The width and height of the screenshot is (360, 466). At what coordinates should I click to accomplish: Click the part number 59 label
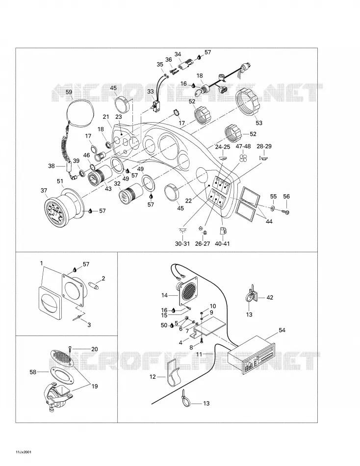pos(69,92)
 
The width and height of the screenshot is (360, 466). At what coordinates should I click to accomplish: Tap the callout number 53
pos(259,123)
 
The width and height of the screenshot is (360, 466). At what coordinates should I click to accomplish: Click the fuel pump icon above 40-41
pos(223,231)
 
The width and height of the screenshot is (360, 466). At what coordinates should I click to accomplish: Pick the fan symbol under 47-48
pos(243,157)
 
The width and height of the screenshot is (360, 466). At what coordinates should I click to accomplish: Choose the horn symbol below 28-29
pos(263,158)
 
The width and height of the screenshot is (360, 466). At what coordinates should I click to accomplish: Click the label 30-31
pos(182,244)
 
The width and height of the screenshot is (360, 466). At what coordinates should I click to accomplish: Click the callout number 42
pos(269,297)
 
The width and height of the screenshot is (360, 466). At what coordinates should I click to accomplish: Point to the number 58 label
pos(33,372)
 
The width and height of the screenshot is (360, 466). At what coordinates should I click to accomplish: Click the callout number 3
pos(89,325)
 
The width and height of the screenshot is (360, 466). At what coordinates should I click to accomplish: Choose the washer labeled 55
pos(273,207)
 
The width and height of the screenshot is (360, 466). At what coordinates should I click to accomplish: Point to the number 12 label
pos(153,377)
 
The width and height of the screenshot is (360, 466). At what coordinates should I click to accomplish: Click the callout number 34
pos(178,54)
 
